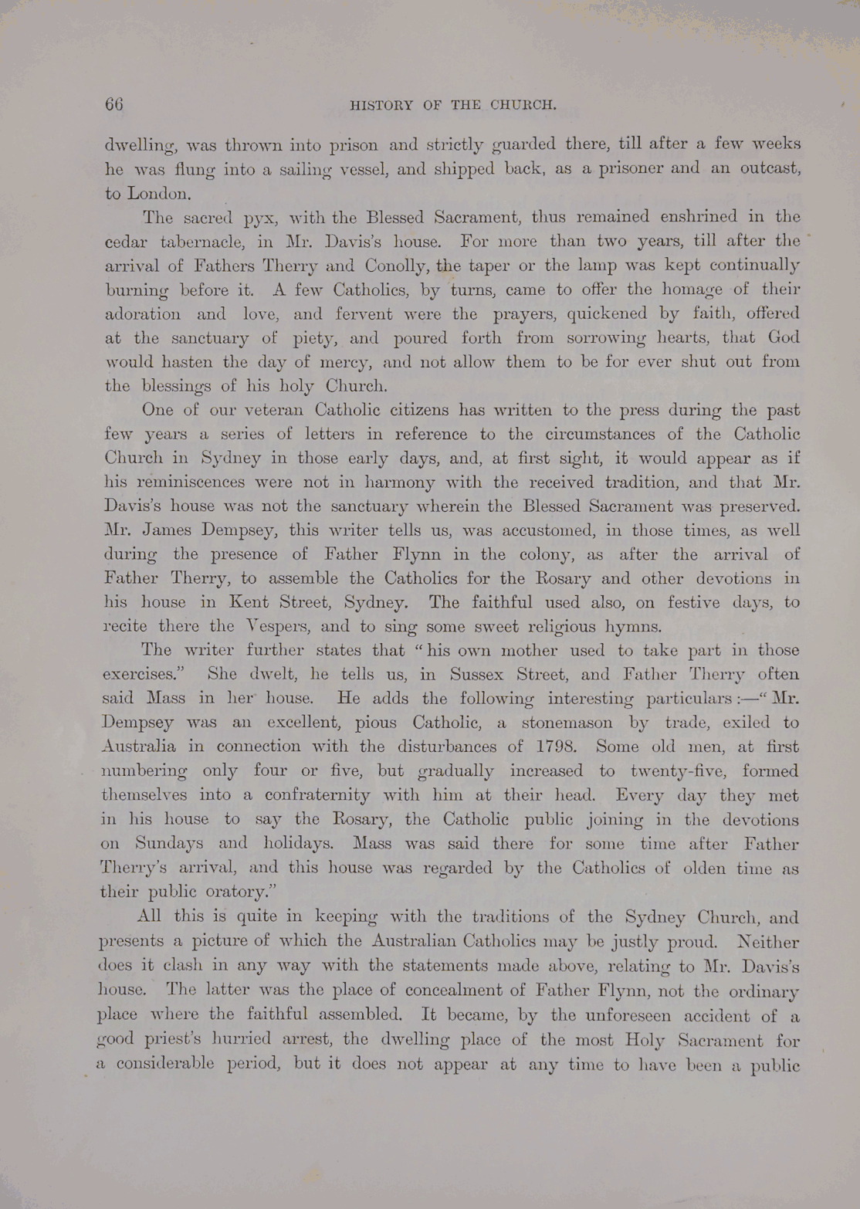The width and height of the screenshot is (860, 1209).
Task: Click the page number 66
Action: [x=114, y=105]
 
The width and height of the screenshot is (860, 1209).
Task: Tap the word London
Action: [x=147, y=193]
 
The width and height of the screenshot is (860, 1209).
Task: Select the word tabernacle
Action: [x=195, y=242]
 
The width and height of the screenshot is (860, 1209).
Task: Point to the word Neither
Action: [x=768, y=941]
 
